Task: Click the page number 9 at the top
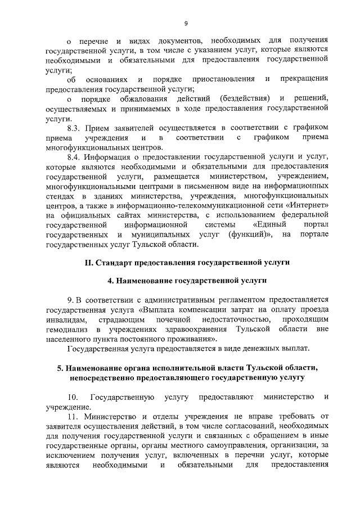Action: coord(185,23)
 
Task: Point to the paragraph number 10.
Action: coord(73,398)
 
